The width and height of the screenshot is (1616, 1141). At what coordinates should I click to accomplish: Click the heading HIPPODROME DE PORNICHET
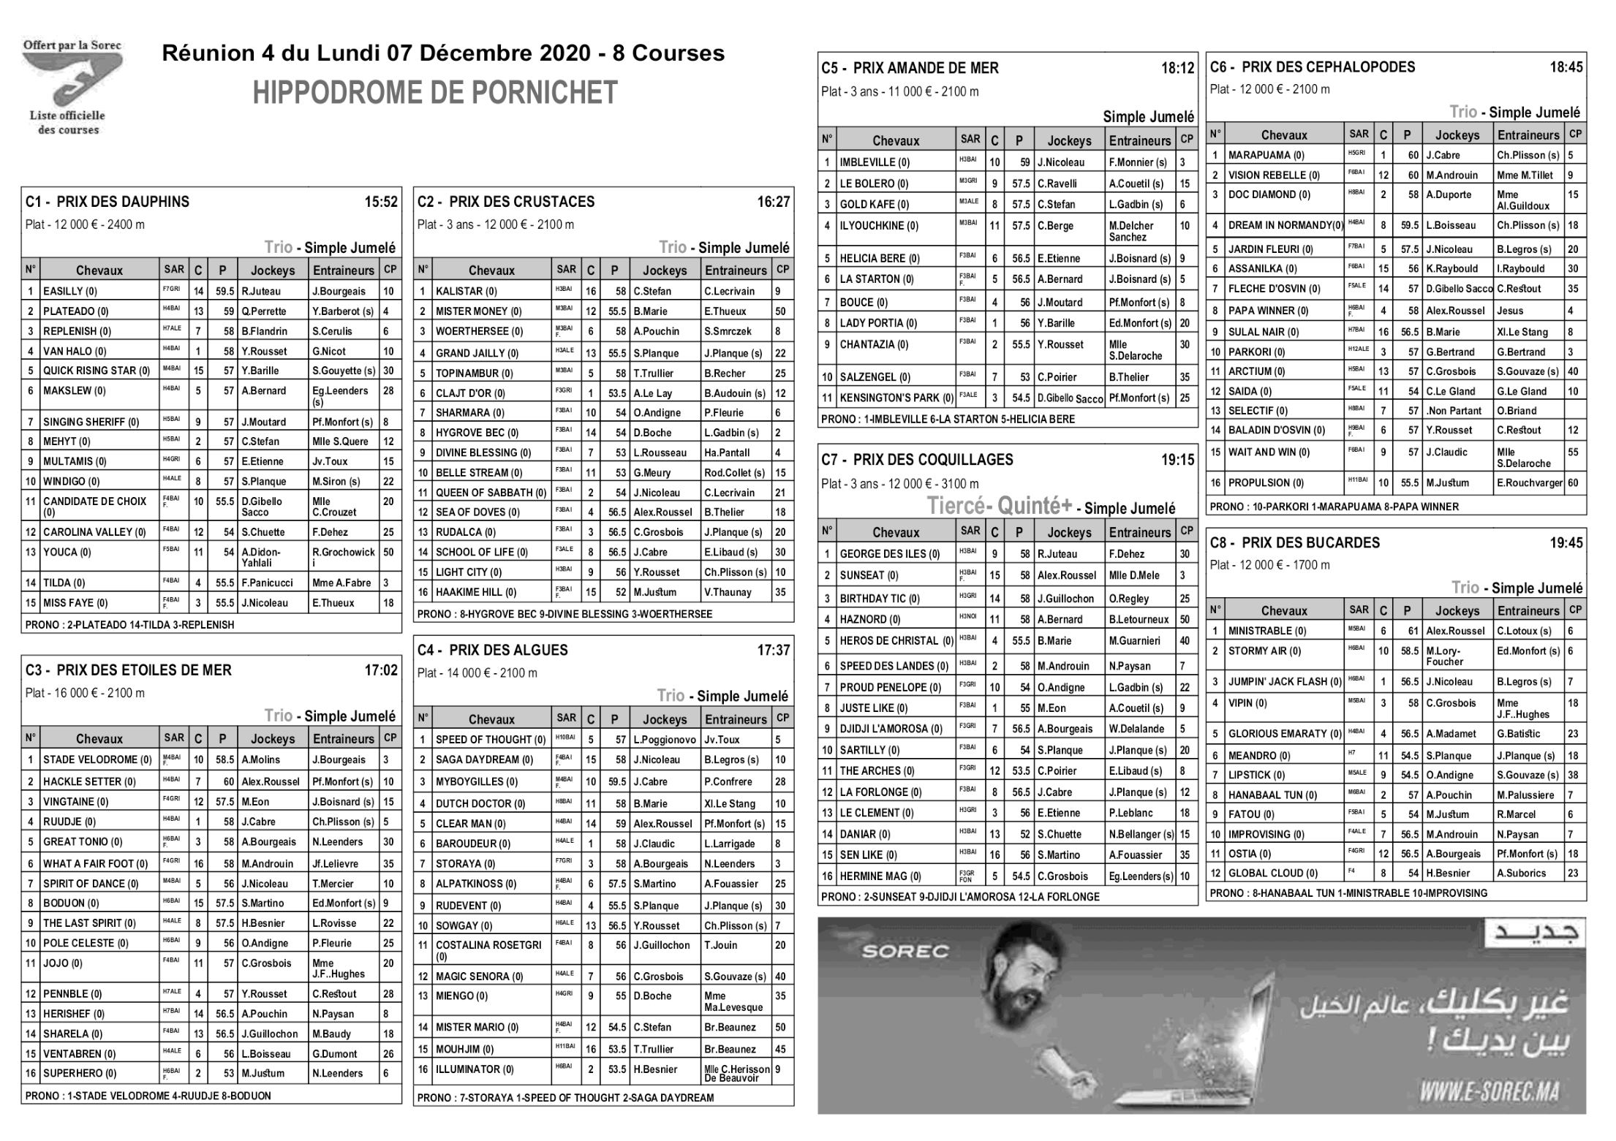[x=435, y=93]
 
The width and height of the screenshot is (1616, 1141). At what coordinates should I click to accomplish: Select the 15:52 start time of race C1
[x=381, y=202]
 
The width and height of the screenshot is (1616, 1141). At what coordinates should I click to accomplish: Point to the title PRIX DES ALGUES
[x=508, y=650]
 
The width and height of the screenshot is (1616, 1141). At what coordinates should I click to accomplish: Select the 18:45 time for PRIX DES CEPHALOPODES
[x=1566, y=67]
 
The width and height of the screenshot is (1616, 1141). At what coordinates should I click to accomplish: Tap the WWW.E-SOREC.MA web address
[x=1488, y=1092]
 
